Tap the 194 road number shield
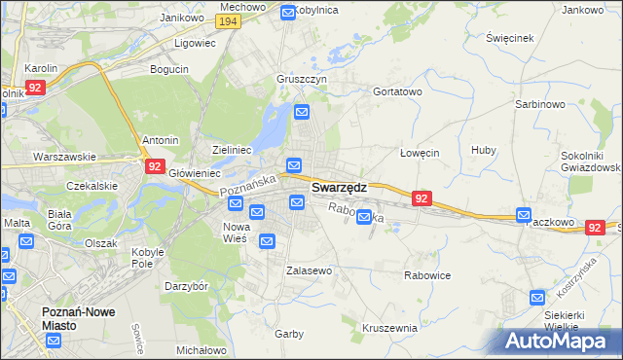pos(229,21)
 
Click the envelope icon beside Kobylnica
pos(288,12)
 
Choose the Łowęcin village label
pos(421,153)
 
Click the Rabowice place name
pos(427,275)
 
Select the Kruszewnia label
pos(388,328)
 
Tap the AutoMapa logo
pos(563,341)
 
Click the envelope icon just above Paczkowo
pos(525,215)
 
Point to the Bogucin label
pos(168,69)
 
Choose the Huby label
pos(484,150)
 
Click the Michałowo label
pos(202,349)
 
